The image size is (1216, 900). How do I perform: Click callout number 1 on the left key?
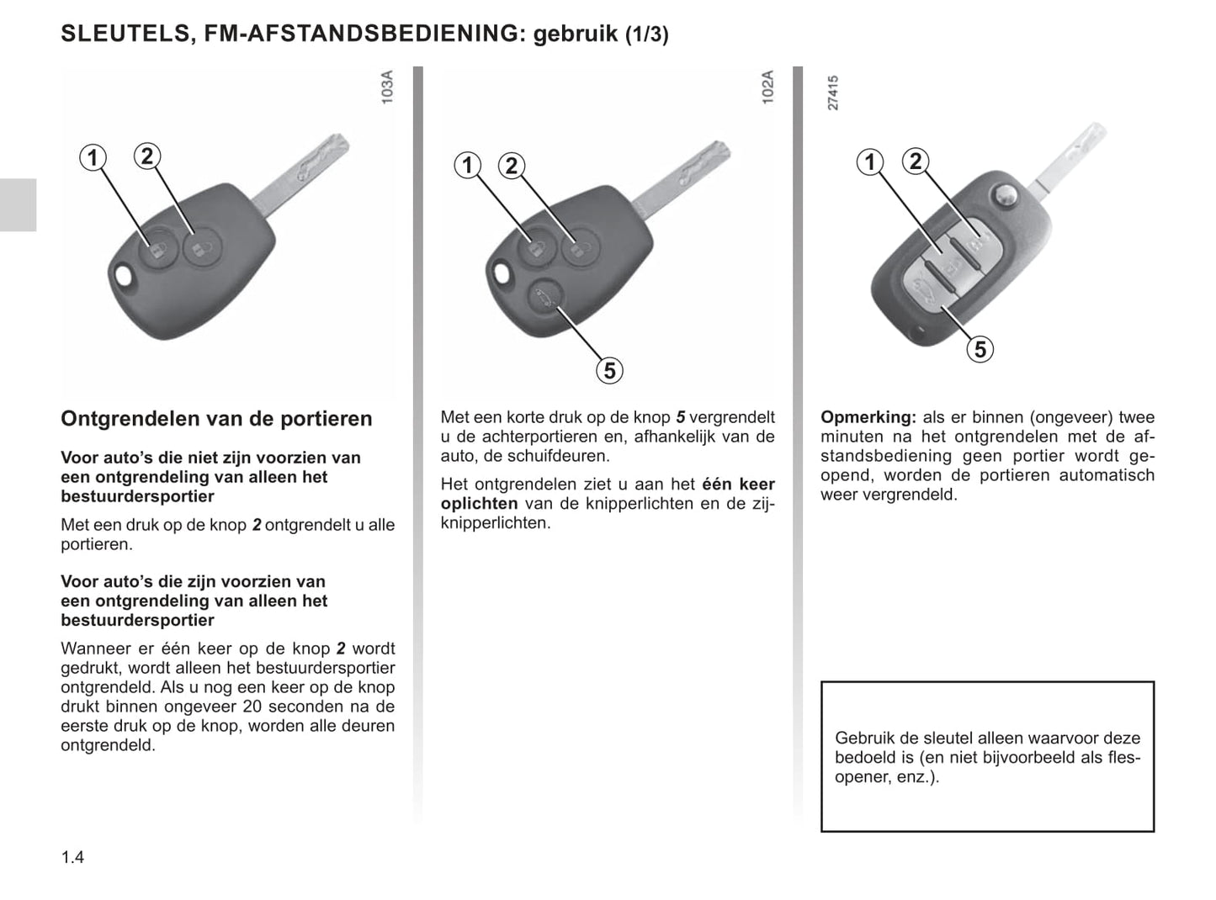pos(93,157)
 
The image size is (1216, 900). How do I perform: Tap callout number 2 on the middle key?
pos(512,165)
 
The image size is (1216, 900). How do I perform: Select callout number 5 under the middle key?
pos(609,370)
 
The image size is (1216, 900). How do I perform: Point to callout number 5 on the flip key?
pos(980,349)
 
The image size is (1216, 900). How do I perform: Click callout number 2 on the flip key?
pos(916,161)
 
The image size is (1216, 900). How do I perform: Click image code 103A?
pos(387,87)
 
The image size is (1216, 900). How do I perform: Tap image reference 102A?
pos(767,87)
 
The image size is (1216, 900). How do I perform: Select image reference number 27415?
pos(833,93)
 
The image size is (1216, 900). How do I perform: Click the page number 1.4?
pos(72,858)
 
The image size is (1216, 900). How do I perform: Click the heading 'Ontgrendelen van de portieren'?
pos(216,419)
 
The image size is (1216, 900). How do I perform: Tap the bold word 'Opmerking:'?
pos(868,417)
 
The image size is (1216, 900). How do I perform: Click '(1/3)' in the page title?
pos(646,35)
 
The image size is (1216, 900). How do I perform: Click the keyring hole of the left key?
pos(125,276)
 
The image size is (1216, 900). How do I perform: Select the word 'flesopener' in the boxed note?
pos(1115,758)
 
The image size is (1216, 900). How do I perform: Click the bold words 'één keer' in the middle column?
pos(738,484)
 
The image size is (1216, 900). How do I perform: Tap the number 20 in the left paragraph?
pos(252,707)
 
